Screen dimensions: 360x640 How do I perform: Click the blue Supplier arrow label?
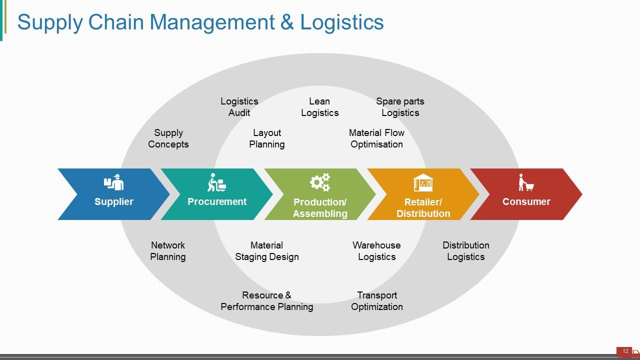(x=114, y=202)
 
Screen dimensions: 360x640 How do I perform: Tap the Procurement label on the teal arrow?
(x=217, y=201)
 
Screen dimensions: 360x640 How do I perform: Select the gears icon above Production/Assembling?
(x=320, y=182)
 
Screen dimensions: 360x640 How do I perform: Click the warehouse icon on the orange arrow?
(x=423, y=183)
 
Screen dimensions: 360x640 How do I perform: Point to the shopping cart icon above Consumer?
(x=526, y=183)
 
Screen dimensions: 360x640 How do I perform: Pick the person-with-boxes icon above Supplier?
(x=114, y=183)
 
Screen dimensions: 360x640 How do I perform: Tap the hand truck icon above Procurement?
(x=216, y=183)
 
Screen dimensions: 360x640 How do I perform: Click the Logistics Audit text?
(x=239, y=107)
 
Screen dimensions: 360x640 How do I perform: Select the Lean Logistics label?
(x=320, y=107)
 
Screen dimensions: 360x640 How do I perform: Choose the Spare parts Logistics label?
(x=400, y=107)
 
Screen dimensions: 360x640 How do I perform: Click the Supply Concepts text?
(x=168, y=138)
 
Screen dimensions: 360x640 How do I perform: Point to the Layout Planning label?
(x=267, y=138)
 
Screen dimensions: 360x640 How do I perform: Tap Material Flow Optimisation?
(x=376, y=138)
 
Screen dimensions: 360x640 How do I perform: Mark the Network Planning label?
(x=168, y=251)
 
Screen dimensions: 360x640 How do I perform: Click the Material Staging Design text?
(x=267, y=251)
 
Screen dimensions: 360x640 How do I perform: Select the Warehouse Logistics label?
(x=376, y=251)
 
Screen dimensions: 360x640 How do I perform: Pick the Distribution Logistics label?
(x=466, y=251)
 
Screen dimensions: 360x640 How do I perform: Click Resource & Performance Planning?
(x=267, y=301)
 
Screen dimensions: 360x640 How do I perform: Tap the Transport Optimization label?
(x=377, y=301)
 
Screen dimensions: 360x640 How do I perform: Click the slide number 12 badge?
(x=625, y=351)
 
